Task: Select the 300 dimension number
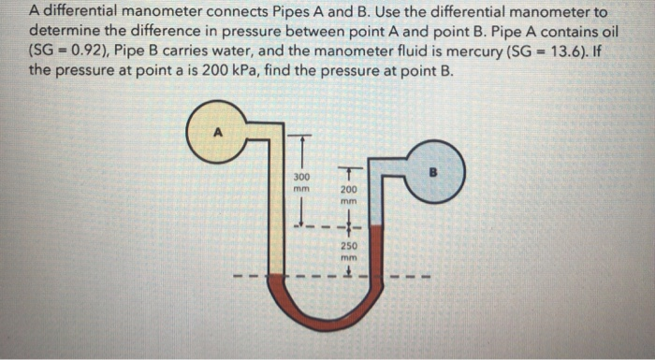[300, 176]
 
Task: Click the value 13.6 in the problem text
[568, 50]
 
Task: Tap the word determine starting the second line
[65, 32]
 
